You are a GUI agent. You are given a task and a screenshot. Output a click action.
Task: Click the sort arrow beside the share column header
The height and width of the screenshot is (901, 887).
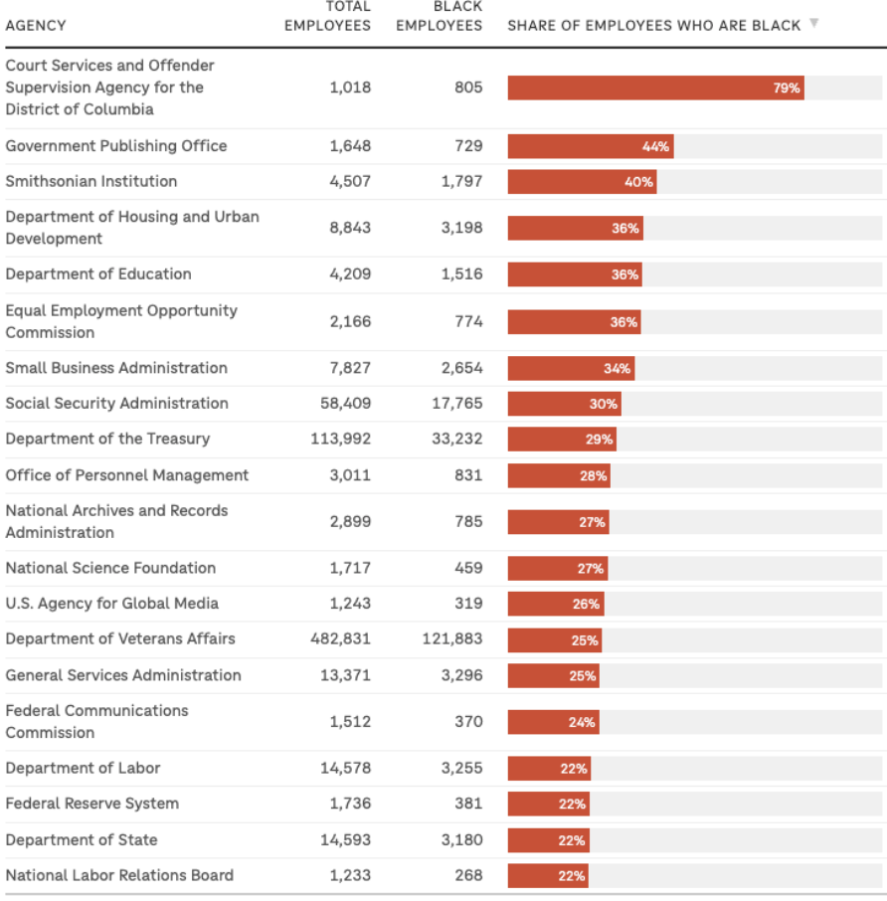click(x=814, y=23)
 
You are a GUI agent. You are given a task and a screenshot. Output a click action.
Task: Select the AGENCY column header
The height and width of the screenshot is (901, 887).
click(x=36, y=26)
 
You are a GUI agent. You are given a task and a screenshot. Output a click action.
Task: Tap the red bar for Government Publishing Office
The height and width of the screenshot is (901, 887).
click(x=590, y=146)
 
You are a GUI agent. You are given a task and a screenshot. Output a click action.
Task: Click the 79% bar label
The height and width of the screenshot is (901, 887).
click(x=786, y=88)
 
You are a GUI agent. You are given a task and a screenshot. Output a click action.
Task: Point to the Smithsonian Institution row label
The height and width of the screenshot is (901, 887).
click(x=91, y=181)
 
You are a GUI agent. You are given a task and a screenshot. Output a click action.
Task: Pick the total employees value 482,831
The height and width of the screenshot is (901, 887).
click(x=340, y=638)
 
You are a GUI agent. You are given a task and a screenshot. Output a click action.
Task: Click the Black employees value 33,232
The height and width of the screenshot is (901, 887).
click(x=456, y=439)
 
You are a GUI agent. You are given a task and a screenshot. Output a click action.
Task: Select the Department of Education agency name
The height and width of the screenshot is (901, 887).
click(x=98, y=273)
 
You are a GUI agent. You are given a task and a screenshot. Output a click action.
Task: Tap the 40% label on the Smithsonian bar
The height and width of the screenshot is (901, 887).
click(x=638, y=182)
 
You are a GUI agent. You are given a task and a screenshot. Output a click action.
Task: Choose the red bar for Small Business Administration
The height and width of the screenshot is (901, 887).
click(x=570, y=368)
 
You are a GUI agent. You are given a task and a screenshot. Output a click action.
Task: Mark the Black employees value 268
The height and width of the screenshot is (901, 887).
click(x=468, y=875)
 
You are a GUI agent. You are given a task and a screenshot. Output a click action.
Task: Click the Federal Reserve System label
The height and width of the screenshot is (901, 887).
click(x=92, y=804)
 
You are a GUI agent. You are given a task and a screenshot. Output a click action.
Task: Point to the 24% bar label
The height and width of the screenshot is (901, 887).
click(x=582, y=722)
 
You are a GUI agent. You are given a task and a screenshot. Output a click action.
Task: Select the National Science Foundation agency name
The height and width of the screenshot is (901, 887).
click(x=110, y=568)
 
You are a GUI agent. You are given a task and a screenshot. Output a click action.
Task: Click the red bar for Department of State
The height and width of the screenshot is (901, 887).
click(x=548, y=840)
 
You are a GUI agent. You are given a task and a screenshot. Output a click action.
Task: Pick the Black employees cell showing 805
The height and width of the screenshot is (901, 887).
click(x=468, y=88)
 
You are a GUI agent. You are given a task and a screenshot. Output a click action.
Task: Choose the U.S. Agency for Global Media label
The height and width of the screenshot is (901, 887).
click(x=112, y=603)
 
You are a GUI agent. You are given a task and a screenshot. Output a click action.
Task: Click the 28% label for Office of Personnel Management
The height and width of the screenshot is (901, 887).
click(x=593, y=475)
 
